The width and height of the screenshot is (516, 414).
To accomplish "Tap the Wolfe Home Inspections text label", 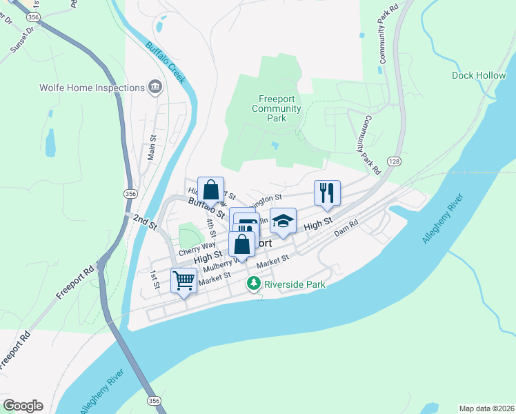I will pos(92,88).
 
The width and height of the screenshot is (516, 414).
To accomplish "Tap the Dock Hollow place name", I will pos(479,75).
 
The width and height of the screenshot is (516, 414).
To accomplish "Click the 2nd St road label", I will pos(145,221).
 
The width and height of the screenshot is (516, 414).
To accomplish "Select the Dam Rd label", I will pos(347,229).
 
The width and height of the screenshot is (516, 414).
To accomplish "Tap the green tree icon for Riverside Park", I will pos(254,283).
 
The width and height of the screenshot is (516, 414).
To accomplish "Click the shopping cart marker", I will pos(183,280).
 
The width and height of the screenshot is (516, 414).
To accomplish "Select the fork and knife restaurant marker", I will pos(326,192).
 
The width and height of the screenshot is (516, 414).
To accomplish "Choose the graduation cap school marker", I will pos(282,221).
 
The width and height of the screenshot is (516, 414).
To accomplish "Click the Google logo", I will pos(23,406).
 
